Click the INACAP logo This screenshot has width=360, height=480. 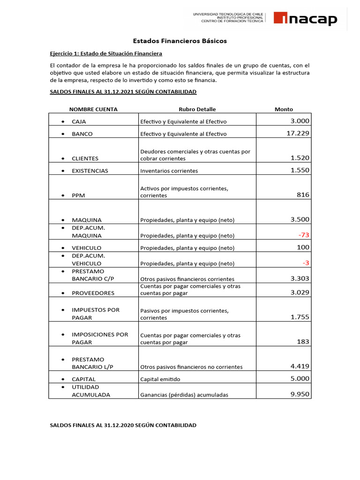305,19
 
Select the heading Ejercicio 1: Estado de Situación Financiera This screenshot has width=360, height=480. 106,53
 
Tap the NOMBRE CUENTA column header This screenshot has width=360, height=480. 93,109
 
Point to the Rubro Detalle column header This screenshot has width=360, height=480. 197,109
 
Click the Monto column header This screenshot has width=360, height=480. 284,109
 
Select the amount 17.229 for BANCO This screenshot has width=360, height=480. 298,134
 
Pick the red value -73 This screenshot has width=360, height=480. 304,235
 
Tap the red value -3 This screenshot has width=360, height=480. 306,262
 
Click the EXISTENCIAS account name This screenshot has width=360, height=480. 90,171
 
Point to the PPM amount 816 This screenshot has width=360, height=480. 303,195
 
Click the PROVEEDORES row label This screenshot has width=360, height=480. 93,293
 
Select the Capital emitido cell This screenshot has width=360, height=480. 160,379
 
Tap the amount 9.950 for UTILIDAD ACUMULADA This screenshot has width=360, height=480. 300,394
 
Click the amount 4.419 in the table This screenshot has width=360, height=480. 300,367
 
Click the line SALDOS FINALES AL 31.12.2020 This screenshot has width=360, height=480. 123,425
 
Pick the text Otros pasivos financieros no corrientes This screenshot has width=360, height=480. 191,367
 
